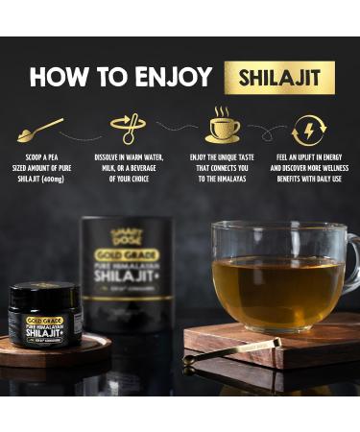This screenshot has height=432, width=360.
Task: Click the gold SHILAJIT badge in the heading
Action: click(x=279, y=77)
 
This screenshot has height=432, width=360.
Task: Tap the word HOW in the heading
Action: click(x=60, y=78)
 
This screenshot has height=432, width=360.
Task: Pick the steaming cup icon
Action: click(x=223, y=125)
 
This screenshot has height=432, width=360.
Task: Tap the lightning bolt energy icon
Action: click(x=308, y=129)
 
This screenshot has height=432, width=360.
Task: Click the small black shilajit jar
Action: click(x=45, y=316)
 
